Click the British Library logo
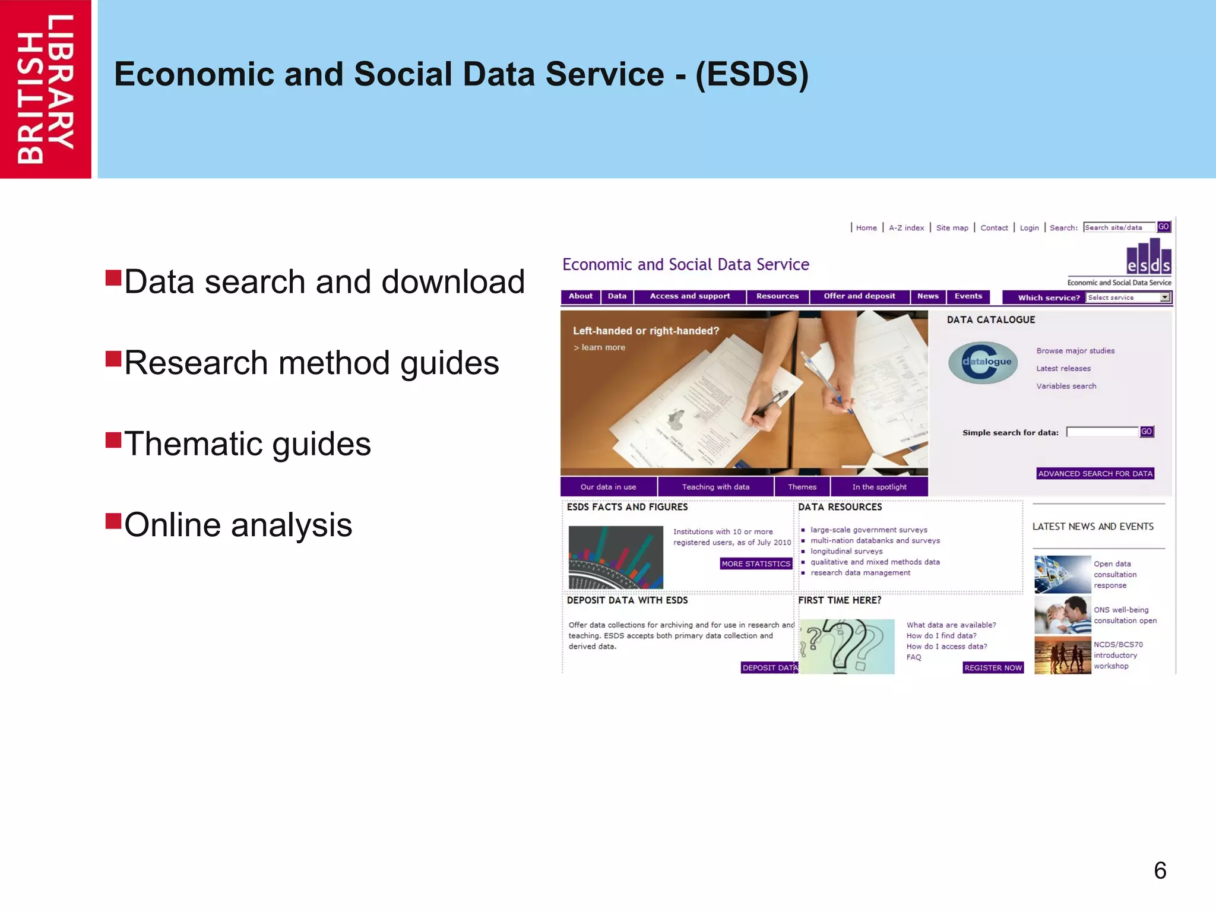tap(46, 89)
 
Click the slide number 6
tap(1160, 870)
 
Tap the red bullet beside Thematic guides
tap(113, 440)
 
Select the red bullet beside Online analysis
tap(113, 521)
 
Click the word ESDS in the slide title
tap(752, 74)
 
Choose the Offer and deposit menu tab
tap(859, 296)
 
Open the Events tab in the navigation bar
tap(968, 296)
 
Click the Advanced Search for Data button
tap(1095, 473)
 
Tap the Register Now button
tap(993, 668)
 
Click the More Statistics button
tap(755, 563)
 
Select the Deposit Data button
tap(769, 668)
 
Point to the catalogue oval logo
tap(983, 362)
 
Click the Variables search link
tap(1066, 386)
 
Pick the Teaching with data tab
tap(715, 487)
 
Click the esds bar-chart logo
tap(1148, 256)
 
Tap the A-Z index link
tap(906, 228)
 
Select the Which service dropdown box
tap(1128, 297)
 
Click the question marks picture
tap(846, 646)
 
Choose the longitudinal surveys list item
tap(846, 551)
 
